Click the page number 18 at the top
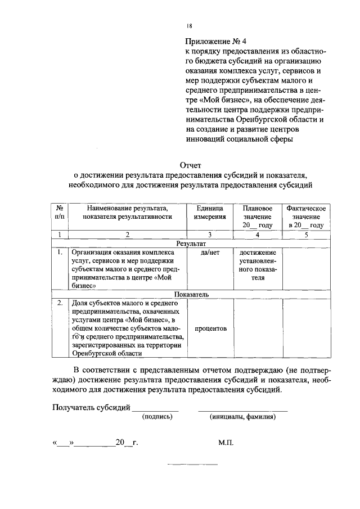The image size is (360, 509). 189,26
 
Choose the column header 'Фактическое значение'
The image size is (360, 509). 305,217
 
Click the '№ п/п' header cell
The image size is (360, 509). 60,212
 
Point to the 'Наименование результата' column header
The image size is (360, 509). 127,212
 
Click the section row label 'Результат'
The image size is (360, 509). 191,244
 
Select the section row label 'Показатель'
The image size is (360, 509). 191,294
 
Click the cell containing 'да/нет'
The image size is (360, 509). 210,253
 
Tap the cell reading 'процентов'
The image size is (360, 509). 210,328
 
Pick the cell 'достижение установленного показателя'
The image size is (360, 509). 258,265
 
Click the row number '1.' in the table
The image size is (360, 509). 60,253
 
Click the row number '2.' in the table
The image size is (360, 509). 60,303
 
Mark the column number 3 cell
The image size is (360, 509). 210,235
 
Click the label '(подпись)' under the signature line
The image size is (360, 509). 157,417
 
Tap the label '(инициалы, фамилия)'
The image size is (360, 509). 242,417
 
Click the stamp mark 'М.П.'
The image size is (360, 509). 226,443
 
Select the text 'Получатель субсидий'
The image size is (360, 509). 91,407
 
